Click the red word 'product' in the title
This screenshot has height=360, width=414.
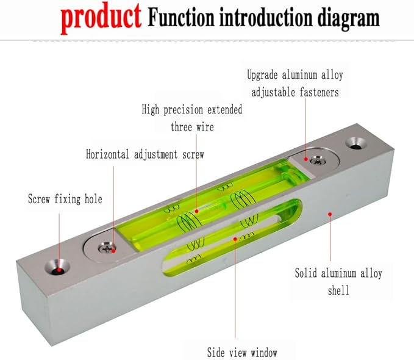click(x=101, y=18)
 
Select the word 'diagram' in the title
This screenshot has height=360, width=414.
click(x=344, y=18)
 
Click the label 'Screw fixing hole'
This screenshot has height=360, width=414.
click(x=65, y=199)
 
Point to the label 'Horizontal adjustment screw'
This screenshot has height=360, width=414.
click(x=145, y=154)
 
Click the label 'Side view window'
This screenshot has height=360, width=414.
click(x=241, y=352)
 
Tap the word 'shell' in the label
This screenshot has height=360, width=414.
click(x=339, y=290)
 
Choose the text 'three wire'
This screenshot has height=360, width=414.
click(x=193, y=128)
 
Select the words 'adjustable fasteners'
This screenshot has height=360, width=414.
click(x=295, y=92)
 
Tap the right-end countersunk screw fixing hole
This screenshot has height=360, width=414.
click(x=355, y=144)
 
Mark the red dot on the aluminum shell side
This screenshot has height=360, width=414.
click(x=330, y=214)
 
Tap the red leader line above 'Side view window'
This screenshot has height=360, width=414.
click(x=236, y=293)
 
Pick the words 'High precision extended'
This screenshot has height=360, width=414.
click(x=192, y=110)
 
